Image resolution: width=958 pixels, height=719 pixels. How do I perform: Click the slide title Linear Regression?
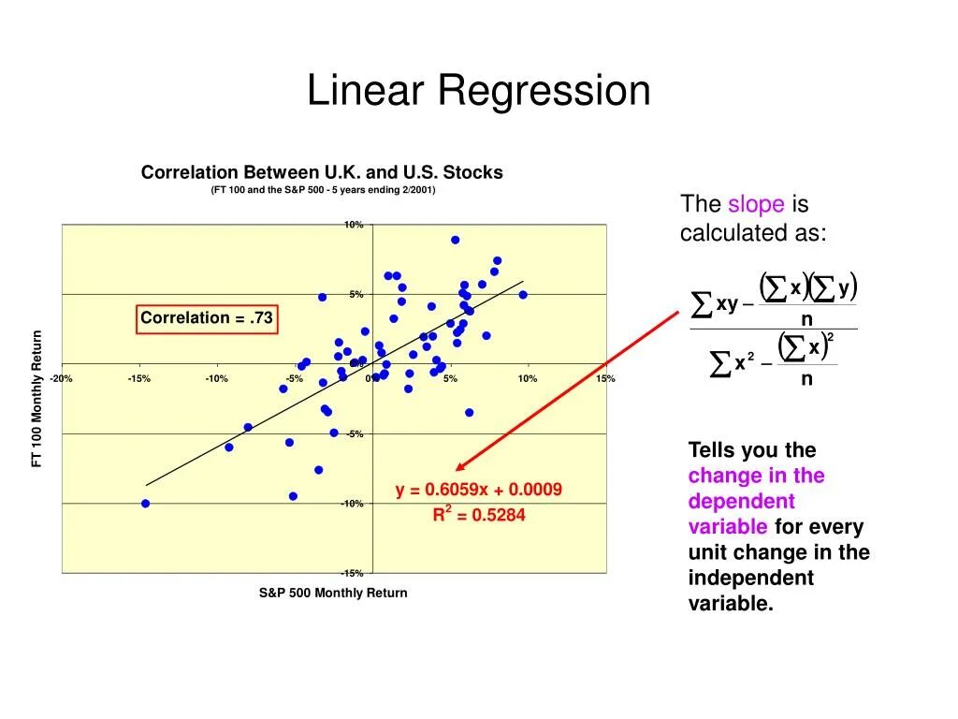coord(478,91)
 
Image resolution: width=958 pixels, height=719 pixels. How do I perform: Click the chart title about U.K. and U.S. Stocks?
coord(322,172)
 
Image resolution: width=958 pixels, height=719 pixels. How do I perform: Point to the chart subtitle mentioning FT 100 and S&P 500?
coord(323,190)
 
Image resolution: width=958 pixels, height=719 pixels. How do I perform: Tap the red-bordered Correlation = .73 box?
coord(207,318)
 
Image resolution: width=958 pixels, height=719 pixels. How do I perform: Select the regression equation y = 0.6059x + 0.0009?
coord(478,490)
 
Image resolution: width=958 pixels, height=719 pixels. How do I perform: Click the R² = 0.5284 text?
coord(478,514)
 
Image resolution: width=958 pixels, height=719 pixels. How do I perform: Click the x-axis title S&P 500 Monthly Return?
coord(333,593)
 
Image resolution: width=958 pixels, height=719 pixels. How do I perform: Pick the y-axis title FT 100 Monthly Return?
coord(37,399)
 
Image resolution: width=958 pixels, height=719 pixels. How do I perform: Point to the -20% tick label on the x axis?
coord(62,378)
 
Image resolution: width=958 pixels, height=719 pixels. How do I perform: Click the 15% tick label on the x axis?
coord(604,378)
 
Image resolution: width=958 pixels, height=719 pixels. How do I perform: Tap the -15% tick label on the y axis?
coord(352,573)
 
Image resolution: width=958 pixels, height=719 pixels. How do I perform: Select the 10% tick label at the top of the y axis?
coord(353,225)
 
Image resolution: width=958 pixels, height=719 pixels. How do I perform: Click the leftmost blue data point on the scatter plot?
coord(145,504)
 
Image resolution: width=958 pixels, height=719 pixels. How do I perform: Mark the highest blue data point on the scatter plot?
coord(455,240)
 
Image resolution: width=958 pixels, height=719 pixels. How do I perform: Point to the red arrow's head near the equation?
coord(459,468)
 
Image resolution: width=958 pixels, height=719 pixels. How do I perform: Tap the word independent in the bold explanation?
coord(750,578)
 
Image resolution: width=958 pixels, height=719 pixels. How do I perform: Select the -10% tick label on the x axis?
coord(217,378)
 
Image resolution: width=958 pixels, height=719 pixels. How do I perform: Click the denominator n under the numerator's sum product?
coord(806,319)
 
